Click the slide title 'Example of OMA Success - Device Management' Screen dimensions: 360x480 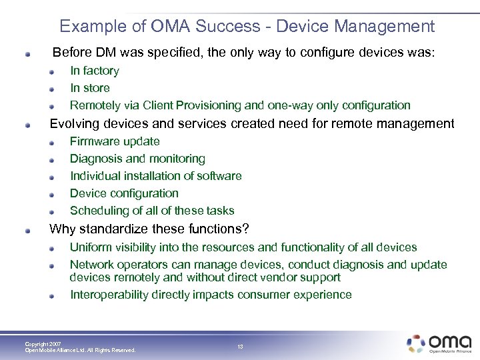247,26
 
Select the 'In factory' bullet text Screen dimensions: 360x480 95,71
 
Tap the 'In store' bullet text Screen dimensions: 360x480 90,88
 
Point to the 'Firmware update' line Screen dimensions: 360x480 115,141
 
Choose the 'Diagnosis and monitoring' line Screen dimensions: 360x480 137,159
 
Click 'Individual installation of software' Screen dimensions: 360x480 155,176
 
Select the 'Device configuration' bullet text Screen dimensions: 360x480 124,193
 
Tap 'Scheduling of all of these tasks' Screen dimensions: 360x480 152,211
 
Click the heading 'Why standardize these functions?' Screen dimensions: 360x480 150,229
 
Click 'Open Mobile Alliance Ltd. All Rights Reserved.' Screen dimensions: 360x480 80,350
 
